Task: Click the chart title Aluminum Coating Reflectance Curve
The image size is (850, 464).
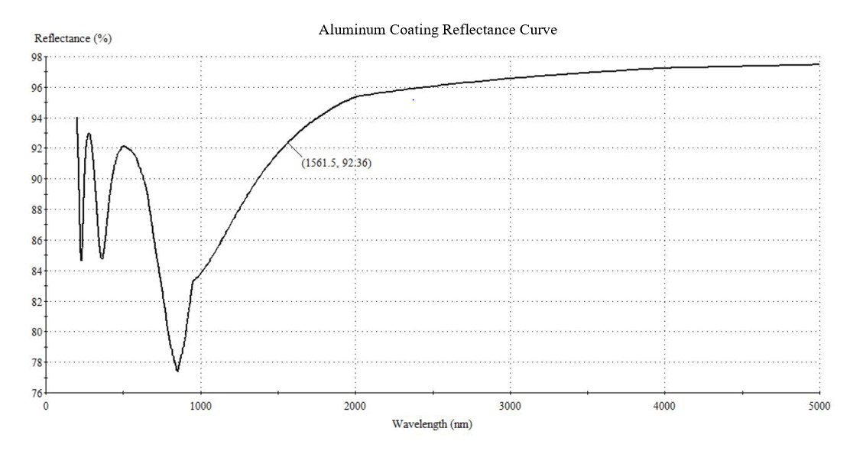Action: [438, 31]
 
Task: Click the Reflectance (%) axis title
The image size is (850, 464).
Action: [73, 39]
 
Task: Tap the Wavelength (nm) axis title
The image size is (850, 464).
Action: [432, 423]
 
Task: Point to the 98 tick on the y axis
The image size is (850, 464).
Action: [37, 57]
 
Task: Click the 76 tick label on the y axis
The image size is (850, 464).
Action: [37, 394]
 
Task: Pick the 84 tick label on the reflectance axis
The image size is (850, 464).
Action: [37, 271]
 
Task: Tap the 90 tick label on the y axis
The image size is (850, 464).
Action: [37, 180]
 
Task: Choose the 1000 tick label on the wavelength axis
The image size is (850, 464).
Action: [200, 406]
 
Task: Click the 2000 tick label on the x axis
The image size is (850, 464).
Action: [355, 406]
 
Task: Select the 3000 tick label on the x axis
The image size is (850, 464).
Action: [510, 406]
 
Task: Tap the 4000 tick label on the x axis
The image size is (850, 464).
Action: [664, 406]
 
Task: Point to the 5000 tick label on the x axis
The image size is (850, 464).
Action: [819, 406]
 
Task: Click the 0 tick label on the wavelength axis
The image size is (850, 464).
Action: [46, 406]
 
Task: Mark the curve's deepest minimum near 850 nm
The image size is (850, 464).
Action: [177, 372]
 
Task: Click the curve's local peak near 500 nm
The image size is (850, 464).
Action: [123, 146]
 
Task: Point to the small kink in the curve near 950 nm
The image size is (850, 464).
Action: [193, 281]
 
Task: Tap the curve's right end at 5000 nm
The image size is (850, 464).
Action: [819, 64]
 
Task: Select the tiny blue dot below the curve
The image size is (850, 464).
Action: [414, 99]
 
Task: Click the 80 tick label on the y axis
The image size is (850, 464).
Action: [37, 333]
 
